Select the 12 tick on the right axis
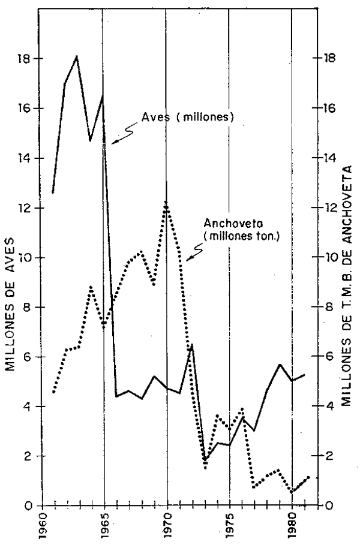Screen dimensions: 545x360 (x=329, y=208)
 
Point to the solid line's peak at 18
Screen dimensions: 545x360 (x=77, y=57)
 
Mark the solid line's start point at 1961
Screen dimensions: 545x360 (x=53, y=192)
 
